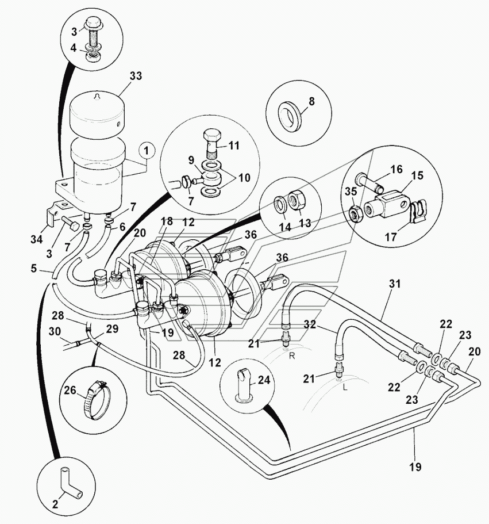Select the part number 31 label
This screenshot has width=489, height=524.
tap(394, 284)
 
